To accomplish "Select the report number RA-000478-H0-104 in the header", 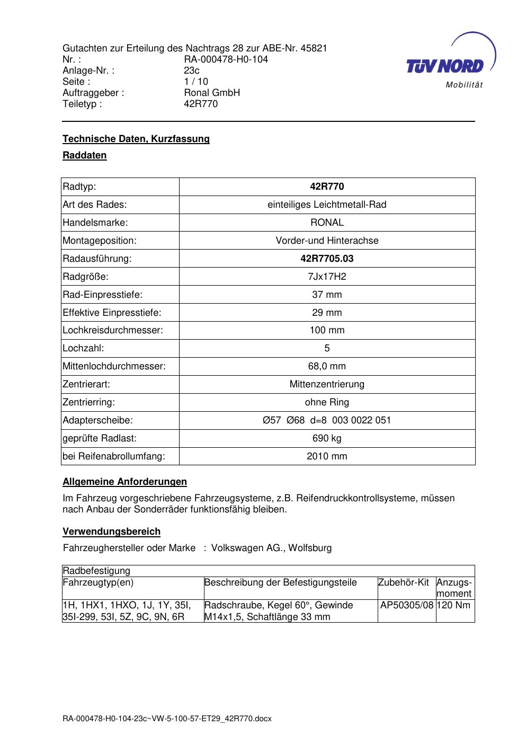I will [x=226, y=59].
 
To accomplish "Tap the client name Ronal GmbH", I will [x=212, y=93].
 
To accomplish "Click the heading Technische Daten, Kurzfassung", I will [x=136, y=139].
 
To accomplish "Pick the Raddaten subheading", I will [x=85, y=155].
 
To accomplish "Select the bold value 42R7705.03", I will [x=327, y=259].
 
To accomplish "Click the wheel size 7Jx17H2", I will [x=327, y=277].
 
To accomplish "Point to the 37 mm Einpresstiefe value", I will [x=327, y=295].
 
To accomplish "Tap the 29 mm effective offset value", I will [x=327, y=313].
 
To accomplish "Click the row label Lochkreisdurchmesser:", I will [x=113, y=330].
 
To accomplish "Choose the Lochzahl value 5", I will [x=327, y=348].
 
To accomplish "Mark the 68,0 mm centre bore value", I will [x=327, y=366].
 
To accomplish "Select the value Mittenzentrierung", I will [x=327, y=384].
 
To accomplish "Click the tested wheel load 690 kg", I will [x=327, y=438].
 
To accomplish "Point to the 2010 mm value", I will [x=327, y=456].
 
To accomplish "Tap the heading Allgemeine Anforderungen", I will [x=125, y=482].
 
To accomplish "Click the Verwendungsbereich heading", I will [x=112, y=532].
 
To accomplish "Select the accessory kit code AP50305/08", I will [x=407, y=605].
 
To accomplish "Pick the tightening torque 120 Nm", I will [x=453, y=605].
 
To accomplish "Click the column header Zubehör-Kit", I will [x=404, y=582].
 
